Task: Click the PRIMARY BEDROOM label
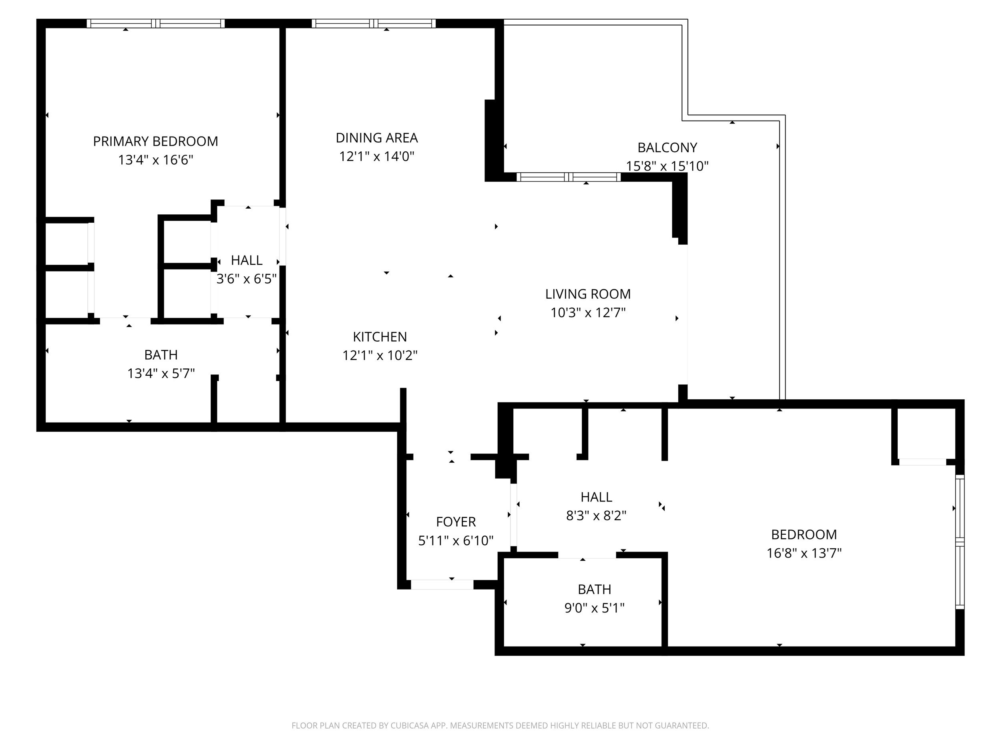click(155, 141)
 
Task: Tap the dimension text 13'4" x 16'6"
click(155, 160)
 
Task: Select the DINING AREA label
click(376, 138)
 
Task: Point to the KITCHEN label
click(380, 337)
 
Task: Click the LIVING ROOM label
click(587, 294)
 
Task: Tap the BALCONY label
click(667, 147)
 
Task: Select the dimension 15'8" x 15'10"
click(667, 166)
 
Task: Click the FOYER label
click(456, 522)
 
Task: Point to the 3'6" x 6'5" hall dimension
click(246, 279)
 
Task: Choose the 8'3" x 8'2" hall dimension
click(596, 515)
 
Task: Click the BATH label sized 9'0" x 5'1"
click(594, 590)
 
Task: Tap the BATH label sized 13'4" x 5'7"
click(161, 355)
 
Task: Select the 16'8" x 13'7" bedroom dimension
click(804, 553)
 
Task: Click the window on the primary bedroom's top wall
click(156, 24)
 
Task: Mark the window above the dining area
click(373, 24)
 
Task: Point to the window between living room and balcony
click(569, 177)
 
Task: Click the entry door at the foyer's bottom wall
click(442, 584)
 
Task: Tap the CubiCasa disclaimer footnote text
click(500, 726)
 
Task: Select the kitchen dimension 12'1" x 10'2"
click(380, 355)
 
